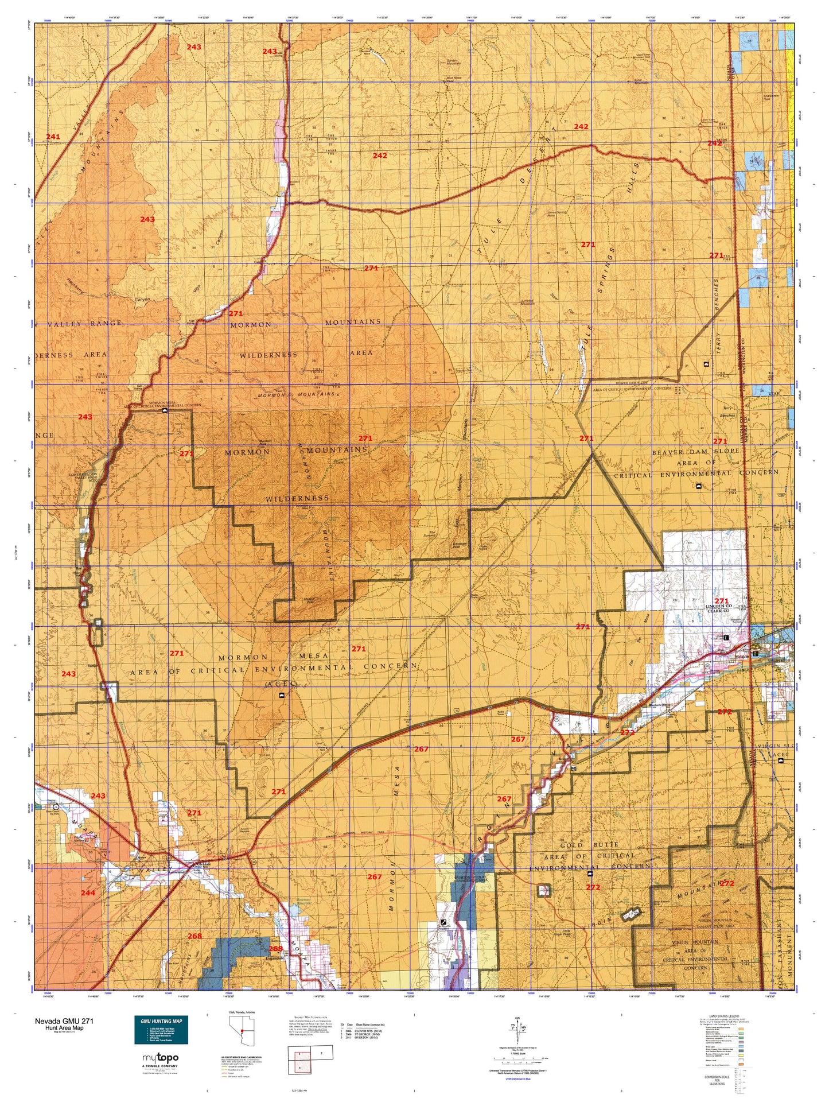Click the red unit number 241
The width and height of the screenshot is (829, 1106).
click(53, 137)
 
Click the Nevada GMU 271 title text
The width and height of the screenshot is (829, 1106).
click(64, 1021)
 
